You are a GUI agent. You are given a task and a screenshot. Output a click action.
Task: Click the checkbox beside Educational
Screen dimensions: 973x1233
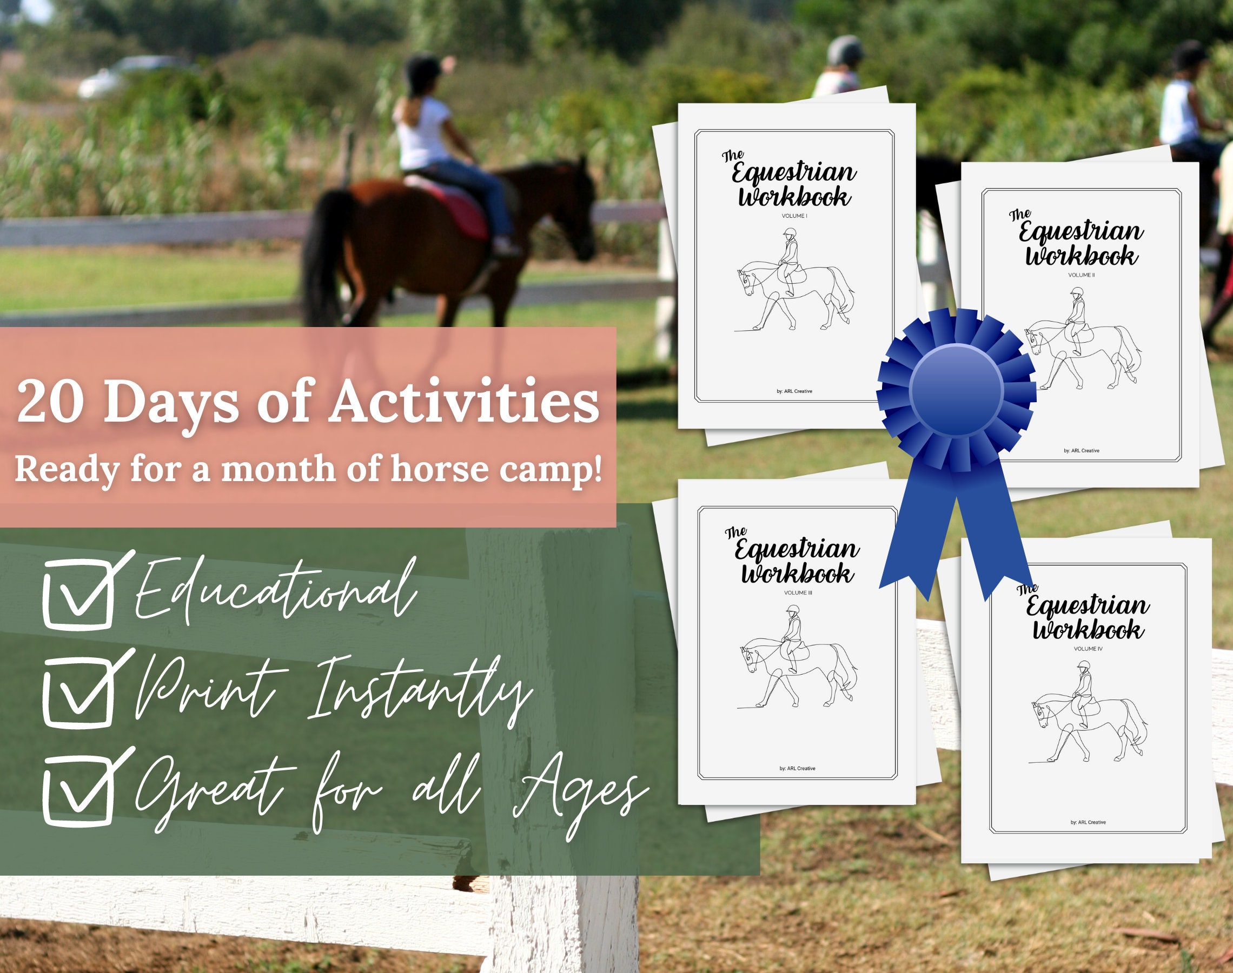click(x=78, y=592)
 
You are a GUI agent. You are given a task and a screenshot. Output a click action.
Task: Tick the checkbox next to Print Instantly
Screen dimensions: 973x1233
click(x=78, y=690)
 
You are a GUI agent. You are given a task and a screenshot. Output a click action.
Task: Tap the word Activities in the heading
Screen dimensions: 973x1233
click(x=465, y=403)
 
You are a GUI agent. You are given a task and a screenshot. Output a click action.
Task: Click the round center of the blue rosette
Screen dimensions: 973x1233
click(x=956, y=390)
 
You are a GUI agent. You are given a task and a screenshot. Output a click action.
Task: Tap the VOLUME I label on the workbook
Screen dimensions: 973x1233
click(x=794, y=216)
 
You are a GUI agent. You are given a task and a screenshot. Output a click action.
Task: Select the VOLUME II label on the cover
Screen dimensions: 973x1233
click(x=1082, y=275)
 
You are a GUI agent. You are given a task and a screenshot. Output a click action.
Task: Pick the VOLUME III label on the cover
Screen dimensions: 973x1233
click(x=798, y=593)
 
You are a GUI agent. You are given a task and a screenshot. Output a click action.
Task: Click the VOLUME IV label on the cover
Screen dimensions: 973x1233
click(x=1088, y=649)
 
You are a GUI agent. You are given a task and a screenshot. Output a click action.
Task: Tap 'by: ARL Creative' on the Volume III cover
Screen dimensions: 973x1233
click(x=797, y=769)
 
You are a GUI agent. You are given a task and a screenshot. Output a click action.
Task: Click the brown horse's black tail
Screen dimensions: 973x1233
click(x=322, y=256)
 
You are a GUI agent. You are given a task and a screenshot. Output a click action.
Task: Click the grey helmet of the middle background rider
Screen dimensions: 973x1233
click(x=844, y=50)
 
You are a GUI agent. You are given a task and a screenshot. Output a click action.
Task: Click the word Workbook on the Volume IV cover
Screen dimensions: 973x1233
click(x=1087, y=630)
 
